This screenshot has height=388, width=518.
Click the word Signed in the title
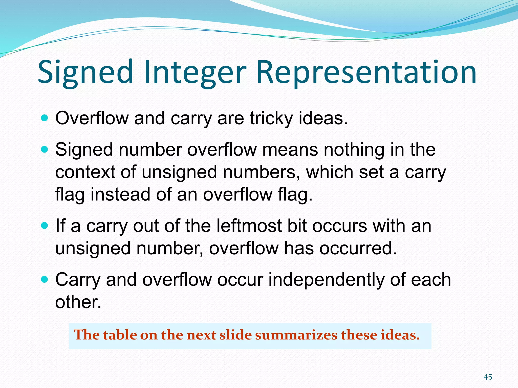pos(85,72)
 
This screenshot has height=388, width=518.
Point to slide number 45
pos(488,377)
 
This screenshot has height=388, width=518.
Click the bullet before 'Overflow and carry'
pos(44,118)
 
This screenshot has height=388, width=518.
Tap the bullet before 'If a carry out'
pos(44,226)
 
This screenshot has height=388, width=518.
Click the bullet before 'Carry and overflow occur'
pos(44,280)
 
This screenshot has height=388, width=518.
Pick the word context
pos(85,172)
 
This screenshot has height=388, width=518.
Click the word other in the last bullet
pos(78,302)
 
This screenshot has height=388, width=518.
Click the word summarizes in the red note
pos(296,335)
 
